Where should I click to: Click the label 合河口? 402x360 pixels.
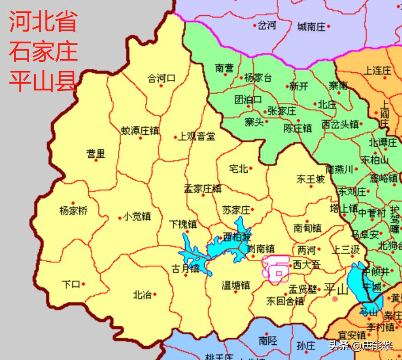[x=161, y=78]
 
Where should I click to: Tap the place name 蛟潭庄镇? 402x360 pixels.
[x=140, y=131]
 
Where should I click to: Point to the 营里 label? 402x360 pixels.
[x=96, y=153]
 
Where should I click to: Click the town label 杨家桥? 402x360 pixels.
[x=73, y=211]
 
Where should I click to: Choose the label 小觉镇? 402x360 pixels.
[x=137, y=216]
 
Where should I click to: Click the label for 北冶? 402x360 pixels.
[x=142, y=294]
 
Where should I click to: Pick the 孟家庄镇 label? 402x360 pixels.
[x=202, y=189]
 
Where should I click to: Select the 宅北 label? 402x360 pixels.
[x=238, y=169]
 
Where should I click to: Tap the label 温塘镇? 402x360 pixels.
[x=236, y=285]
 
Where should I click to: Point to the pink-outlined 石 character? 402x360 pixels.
[x=276, y=268]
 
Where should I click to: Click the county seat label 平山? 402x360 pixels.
[x=336, y=290]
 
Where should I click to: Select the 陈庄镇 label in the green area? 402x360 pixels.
[x=298, y=128]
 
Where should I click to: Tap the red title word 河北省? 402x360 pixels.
[x=43, y=22]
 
